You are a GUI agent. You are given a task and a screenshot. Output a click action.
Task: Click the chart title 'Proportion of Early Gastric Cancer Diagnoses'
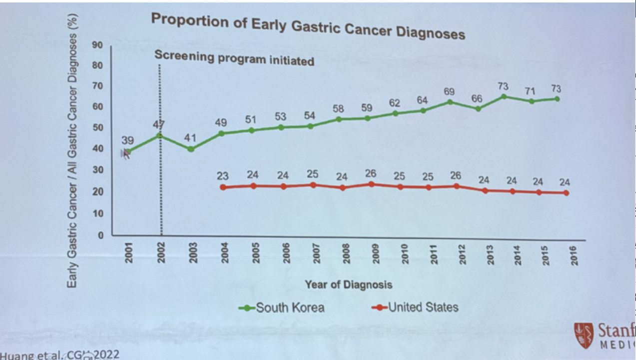[308, 26]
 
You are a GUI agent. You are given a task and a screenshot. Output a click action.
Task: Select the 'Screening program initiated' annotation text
[234, 58]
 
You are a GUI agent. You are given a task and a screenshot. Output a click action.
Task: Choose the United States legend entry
[415, 307]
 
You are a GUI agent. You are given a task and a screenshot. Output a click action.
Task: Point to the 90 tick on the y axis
[97, 45]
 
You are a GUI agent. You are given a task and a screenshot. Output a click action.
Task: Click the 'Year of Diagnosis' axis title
[348, 285]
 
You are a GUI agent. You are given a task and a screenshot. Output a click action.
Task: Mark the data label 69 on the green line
[450, 92]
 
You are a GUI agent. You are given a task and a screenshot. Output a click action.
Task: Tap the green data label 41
[191, 137]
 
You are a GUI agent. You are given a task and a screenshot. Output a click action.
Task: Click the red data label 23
[223, 176]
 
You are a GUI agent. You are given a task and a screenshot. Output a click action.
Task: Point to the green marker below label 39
[128, 151]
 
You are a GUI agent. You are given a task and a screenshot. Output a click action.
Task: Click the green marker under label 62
[395, 113]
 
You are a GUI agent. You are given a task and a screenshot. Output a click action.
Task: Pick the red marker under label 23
[223, 187]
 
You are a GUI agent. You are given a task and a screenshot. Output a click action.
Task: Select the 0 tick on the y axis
[100, 235]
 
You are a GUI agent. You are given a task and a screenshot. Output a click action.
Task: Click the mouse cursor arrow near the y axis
[125, 154]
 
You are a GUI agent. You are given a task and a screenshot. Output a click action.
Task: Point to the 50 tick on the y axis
[97, 127]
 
